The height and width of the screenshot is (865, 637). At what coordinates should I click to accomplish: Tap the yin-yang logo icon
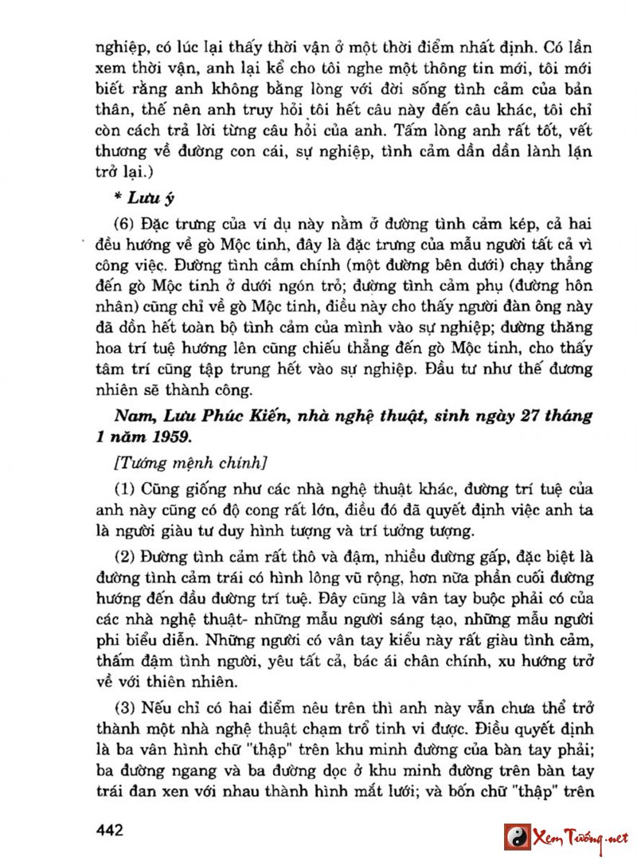517,838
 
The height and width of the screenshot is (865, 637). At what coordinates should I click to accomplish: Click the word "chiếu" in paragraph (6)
355,348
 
